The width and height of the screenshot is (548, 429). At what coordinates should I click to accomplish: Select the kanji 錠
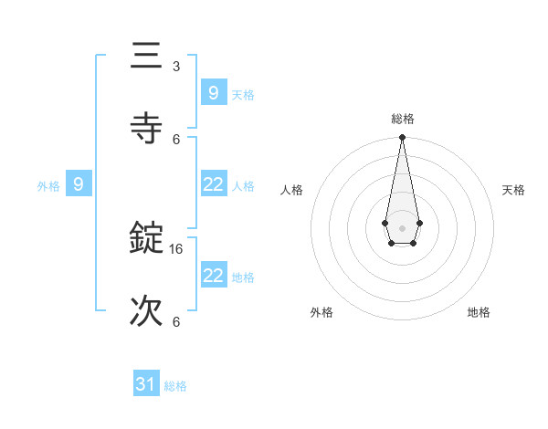(147, 238)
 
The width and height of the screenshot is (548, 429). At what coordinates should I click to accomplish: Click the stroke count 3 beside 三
(176, 67)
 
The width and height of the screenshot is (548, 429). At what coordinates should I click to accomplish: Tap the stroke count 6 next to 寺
(176, 139)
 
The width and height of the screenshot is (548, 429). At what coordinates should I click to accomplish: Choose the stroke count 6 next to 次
(176, 322)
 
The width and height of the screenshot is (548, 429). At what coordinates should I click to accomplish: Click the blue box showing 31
(146, 385)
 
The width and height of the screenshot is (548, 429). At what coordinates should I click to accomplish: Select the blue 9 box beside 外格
(79, 184)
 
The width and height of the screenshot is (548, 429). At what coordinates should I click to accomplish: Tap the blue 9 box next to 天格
(213, 92)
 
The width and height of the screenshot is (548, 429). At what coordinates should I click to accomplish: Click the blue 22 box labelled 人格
(213, 184)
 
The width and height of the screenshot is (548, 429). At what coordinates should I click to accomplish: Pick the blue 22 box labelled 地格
(213, 276)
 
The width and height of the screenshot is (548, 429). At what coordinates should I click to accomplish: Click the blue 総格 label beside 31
(175, 386)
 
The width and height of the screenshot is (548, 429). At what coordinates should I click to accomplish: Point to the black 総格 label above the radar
(402, 119)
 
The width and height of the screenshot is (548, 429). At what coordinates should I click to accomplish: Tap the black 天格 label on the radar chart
(513, 190)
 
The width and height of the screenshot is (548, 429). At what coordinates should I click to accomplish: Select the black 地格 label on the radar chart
(479, 312)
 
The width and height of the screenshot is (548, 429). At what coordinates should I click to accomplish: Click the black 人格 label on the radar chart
(291, 190)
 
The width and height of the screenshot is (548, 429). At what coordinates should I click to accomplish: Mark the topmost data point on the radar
(402, 137)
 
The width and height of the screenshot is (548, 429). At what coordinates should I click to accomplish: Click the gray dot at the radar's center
(402, 226)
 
